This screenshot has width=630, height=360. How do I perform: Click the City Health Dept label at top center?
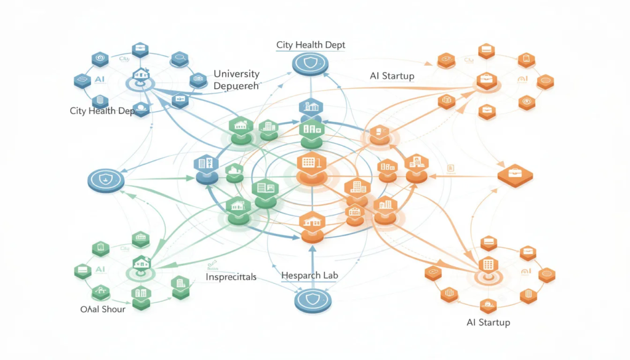coord(311,45)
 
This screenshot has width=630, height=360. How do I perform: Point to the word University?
coord(236,74)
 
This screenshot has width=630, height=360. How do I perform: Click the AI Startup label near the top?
coord(392,76)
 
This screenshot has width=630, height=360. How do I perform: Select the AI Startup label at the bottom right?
coord(488,322)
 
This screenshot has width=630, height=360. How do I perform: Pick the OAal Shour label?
coord(103,309)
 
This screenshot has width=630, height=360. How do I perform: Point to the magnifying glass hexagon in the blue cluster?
coord(180,58)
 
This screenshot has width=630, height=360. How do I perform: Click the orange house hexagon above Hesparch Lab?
coord(311,222)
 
